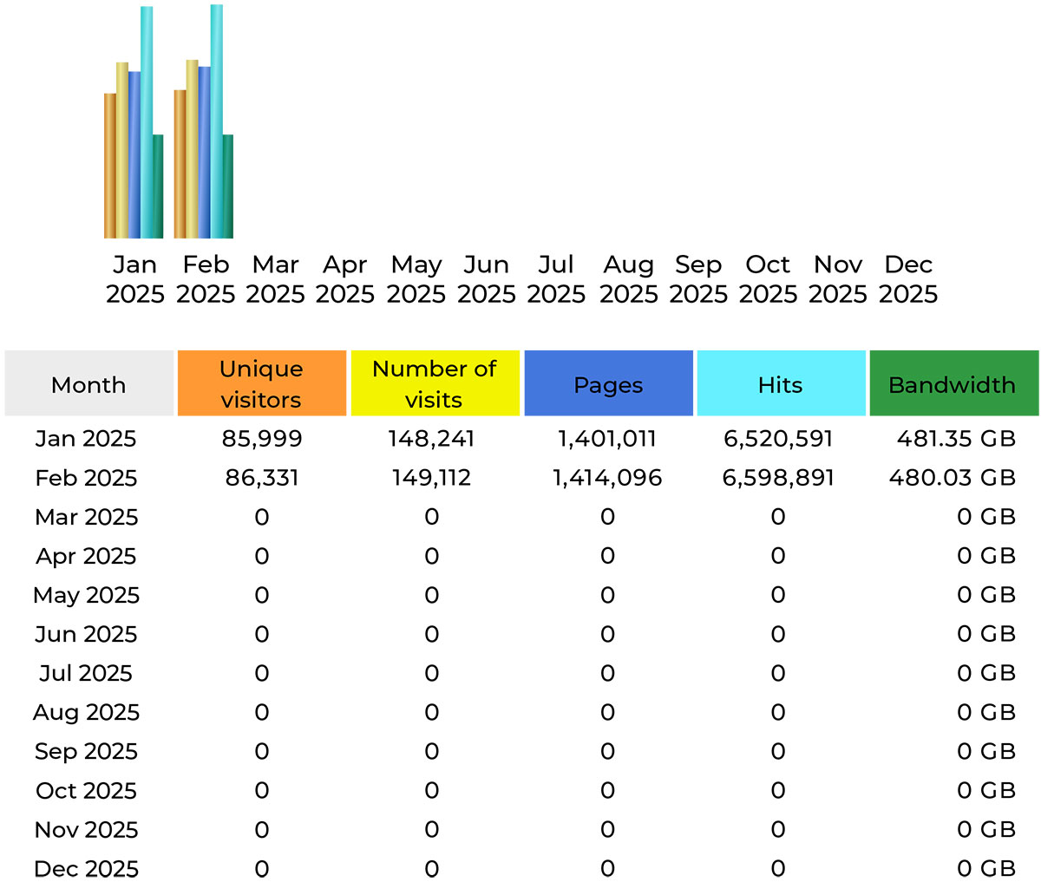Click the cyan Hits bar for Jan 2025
pos(147,121)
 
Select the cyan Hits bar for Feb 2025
pos(216,121)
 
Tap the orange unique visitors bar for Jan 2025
pos(110,165)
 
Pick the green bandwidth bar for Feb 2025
pos(227,186)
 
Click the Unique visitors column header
pos(261,383)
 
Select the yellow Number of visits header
pos(434,383)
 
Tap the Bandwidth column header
pos(953,384)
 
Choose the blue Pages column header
pos(608,384)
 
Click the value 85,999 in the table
pos(262,439)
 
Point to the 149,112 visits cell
pos(432,478)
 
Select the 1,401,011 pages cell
pos(607,439)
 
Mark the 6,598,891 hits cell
pos(778,478)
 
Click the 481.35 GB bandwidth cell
pos(956,439)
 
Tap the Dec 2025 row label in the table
pos(86,868)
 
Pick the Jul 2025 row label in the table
pos(86,673)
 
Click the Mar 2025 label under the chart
pos(275,279)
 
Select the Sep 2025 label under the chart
pos(698,279)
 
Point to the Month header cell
pos(88,384)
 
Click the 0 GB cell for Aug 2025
pos(986,712)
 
